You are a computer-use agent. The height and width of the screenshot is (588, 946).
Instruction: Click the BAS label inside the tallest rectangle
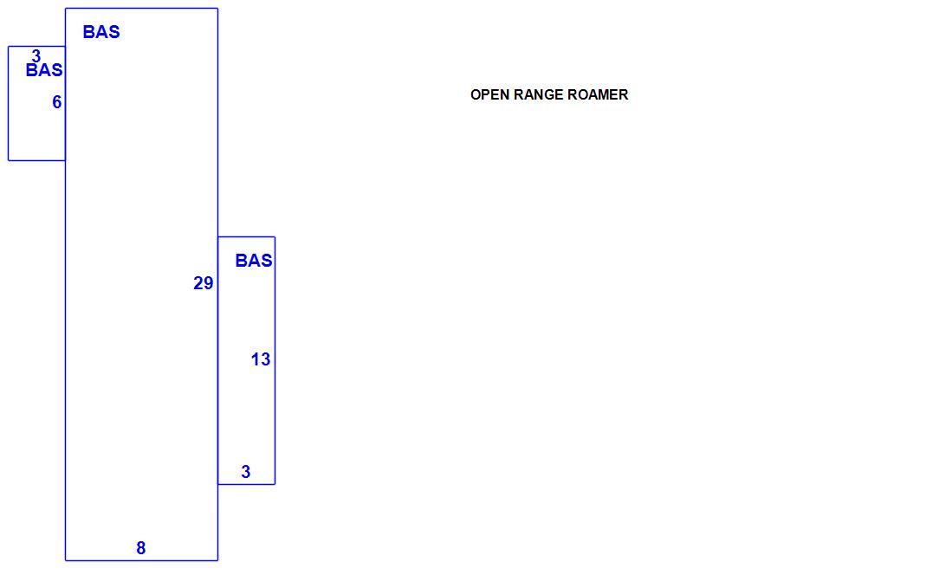tap(101, 32)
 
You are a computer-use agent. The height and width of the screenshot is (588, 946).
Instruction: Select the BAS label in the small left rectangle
tap(44, 70)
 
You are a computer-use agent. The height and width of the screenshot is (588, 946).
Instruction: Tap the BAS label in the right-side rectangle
tap(254, 261)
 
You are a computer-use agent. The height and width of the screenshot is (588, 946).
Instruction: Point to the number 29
tap(204, 283)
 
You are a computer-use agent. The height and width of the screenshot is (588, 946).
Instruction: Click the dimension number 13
tap(261, 360)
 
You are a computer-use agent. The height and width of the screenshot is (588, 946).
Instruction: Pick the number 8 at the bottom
tap(140, 548)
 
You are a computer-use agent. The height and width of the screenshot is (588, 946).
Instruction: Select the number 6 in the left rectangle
tap(56, 102)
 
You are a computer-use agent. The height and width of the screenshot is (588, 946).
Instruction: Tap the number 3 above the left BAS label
tap(36, 56)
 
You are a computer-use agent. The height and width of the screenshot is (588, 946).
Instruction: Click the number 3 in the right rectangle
tap(245, 472)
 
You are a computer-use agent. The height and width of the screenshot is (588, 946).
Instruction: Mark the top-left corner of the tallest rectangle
tap(65, 9)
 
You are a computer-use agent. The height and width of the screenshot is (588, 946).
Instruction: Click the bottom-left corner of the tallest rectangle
tap(65, 561)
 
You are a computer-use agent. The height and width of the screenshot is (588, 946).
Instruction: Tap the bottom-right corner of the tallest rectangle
tap(217, 561)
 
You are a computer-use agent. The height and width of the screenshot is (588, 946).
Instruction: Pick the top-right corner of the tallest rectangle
tap(217, 9)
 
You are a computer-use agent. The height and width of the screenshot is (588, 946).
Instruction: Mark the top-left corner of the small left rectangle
tap(9, 47)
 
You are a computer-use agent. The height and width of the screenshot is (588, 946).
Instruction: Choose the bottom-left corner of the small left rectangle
tap(9, 160)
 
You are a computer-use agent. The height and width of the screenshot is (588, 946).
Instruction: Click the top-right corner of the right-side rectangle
tap(275, 237)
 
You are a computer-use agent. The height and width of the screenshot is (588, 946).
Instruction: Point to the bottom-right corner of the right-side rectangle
tap(275, 484)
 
